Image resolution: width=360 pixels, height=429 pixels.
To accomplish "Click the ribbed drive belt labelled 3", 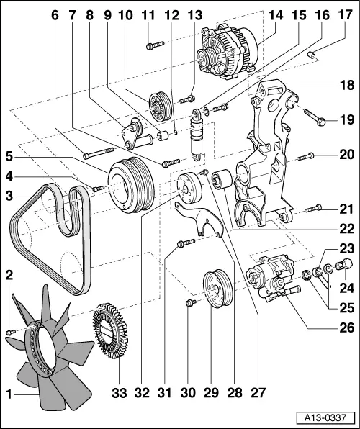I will point(58,230).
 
